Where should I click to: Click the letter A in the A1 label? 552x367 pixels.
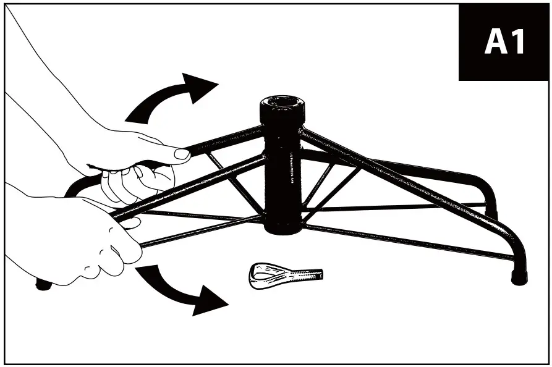tap(495, 42)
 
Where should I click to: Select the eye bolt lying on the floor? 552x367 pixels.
tap(284, 275)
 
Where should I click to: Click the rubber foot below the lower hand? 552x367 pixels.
tap(43, 285)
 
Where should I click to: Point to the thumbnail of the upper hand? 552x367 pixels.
tap(182, 154)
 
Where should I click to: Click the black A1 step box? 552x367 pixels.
tap(504, 43)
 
